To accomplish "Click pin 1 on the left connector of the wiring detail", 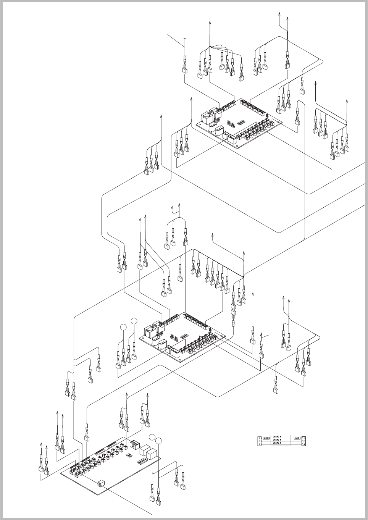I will [x=260, y=438].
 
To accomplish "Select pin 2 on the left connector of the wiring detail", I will [x=260, y=441].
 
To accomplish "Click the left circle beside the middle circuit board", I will [x=123, y=327].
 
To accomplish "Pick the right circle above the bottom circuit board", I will [x=158, y=442].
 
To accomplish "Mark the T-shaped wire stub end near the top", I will [x=185, y=39].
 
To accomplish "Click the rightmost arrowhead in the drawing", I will [x=347, y=100].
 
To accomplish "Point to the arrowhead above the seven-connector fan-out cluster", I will [x=210, y=23].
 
